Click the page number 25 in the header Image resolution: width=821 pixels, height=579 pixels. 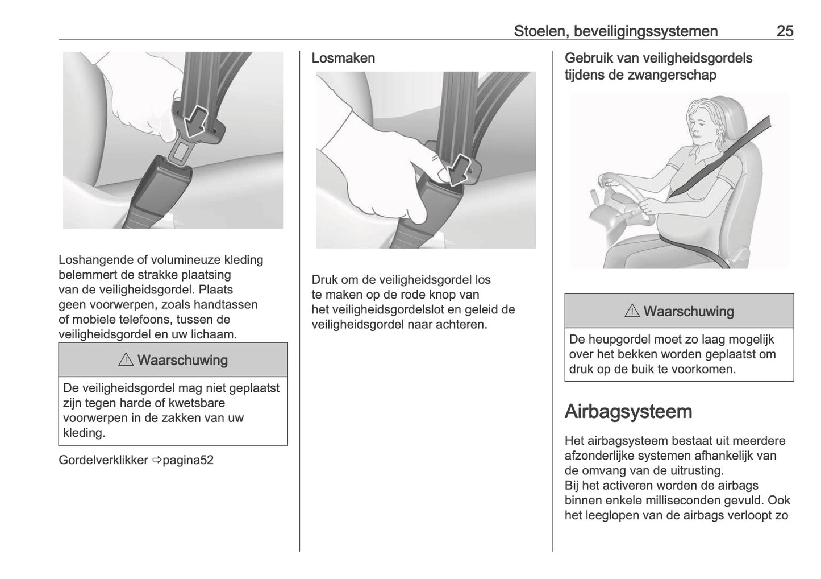point(785,31)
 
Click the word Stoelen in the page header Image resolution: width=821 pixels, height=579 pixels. point(538,31)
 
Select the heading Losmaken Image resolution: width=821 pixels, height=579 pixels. point(343,58)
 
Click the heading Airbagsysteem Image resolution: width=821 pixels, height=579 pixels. point(628,411)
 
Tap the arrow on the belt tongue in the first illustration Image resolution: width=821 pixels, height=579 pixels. point(195,120)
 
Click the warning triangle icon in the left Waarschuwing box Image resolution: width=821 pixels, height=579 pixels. point(126,360)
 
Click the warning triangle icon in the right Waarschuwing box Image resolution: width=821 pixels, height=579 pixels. point(632,311)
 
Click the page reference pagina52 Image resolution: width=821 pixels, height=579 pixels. point(188,460)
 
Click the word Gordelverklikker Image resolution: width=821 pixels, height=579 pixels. point(103,460)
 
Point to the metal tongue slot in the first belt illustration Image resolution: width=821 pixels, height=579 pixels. point(182,151)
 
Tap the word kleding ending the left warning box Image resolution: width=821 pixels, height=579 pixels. point(84,433)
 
